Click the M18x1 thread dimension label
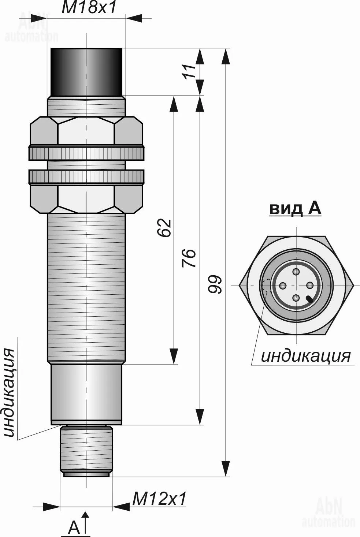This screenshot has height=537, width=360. pyautogui.click(x=89, y=7)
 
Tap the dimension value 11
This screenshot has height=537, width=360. pyautogui.click(x=189, y=71)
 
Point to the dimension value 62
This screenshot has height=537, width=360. pyautogui.click(x=164, y=228)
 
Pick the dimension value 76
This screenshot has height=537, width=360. pyautogui.click(x=189, y=258)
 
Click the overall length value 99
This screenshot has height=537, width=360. pyautogui.click(x=214, y=285)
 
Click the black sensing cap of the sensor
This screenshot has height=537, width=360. pyautogui.click(x=86, y=72)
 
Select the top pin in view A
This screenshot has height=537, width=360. pyautogui.click(x=296, y=272)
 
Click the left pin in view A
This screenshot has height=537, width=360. pyautogui.click(x=283, y=285)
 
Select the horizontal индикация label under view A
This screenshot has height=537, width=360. pyautogui.click(x=306, y=356)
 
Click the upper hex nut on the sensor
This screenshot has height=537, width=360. pyautogui.click(x=86, y=131)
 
